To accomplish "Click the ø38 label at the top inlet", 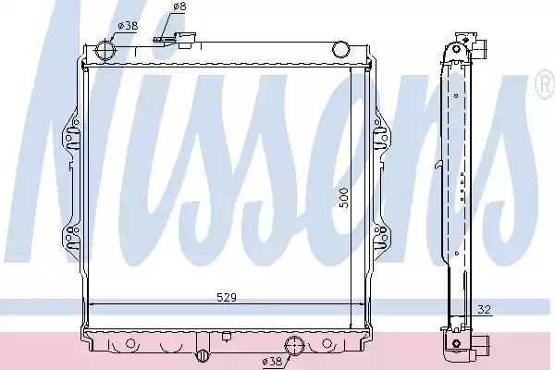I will pos(127,27).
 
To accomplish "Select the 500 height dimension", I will pos(344,196).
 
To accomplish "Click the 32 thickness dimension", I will pos(484,310).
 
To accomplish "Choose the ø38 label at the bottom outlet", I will pos(272,360).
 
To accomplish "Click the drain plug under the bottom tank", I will pos(203,355).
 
